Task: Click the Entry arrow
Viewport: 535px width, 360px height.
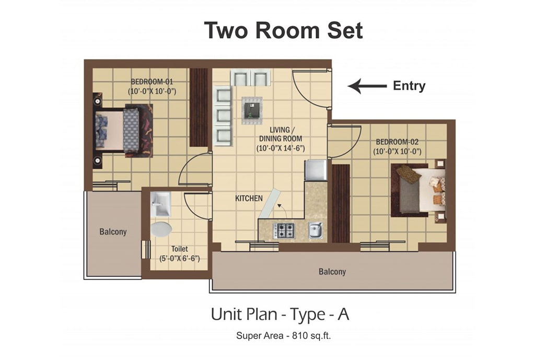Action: tap(367, 86)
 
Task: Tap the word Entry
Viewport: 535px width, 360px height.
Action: tap(409, 85)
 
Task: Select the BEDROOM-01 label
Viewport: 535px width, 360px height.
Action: tap(152, 82)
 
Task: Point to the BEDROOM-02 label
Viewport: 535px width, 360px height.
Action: tap(397, 142)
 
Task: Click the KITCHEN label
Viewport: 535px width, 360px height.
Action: tap(249, 198)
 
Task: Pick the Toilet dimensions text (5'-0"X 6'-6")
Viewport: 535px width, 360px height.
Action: tap(180, 258)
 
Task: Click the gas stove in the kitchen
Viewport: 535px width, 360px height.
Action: tap(284, 230)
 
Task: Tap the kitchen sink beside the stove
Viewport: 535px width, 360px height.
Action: tap(315, 230)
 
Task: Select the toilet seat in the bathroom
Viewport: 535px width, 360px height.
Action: tap(161, 229)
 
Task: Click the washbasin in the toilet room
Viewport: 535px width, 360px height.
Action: tap(160, 204)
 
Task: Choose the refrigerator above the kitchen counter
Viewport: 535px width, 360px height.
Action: tap(316, 170)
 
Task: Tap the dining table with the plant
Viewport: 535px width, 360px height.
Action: tap(252, 110)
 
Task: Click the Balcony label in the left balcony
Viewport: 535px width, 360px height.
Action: tap(113, 232)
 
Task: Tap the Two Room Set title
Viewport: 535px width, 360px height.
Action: tap(283, 30)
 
